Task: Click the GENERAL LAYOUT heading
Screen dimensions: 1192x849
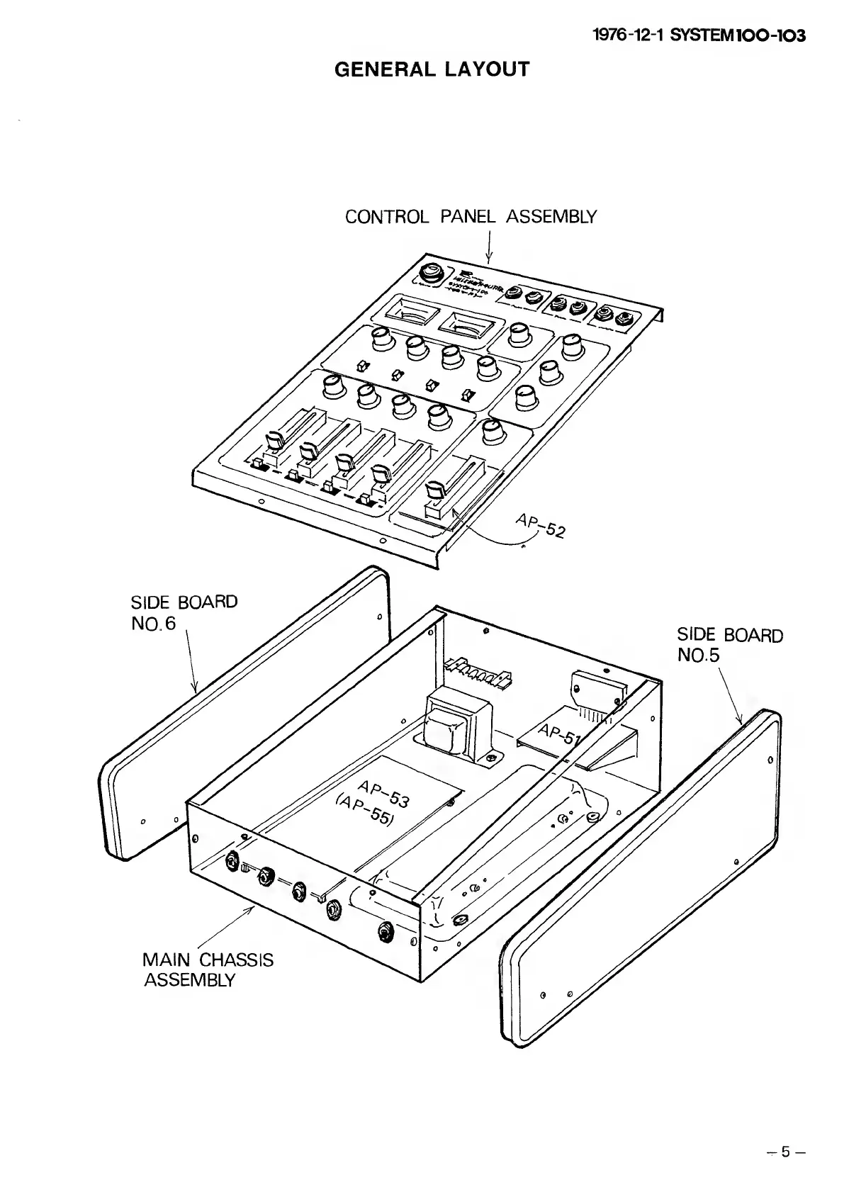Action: tap(432, 69)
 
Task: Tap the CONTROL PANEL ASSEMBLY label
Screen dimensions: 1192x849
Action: tap(471, 217)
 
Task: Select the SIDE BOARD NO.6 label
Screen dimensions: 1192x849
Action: tap(184, 612)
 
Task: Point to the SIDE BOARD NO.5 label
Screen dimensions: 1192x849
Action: tap(729, 644)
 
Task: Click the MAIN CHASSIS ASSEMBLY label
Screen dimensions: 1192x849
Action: tap(208, 969)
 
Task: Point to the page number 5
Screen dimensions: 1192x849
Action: tap(785, 1152)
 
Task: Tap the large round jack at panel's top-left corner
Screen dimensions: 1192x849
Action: tap(429, 274)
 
